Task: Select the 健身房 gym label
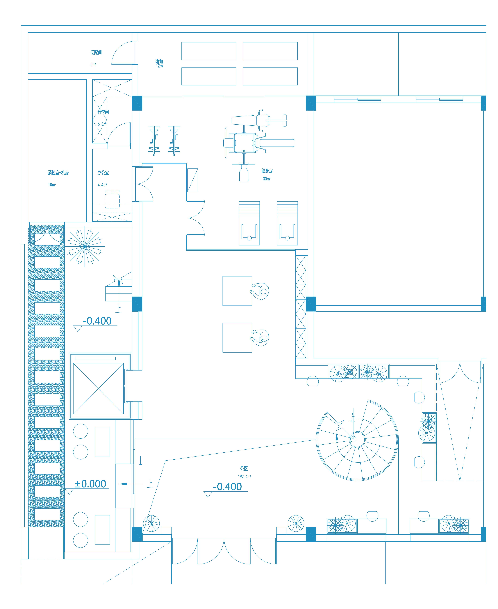[x=267, y=171]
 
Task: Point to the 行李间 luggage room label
[x=103, y=112]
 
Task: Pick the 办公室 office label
[x=103, y=173]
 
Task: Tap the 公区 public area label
[x=244, y=468]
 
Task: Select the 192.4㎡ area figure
[x=244, y=477]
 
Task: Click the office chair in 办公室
[x=112, y=199]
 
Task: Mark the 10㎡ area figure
[x=52, y=185]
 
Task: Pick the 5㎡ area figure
[x=93, y=65]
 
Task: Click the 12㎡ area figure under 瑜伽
[x=160, y=66]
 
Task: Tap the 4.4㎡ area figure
[x=102, y=185]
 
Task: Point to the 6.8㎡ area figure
[x=102, y=124]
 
